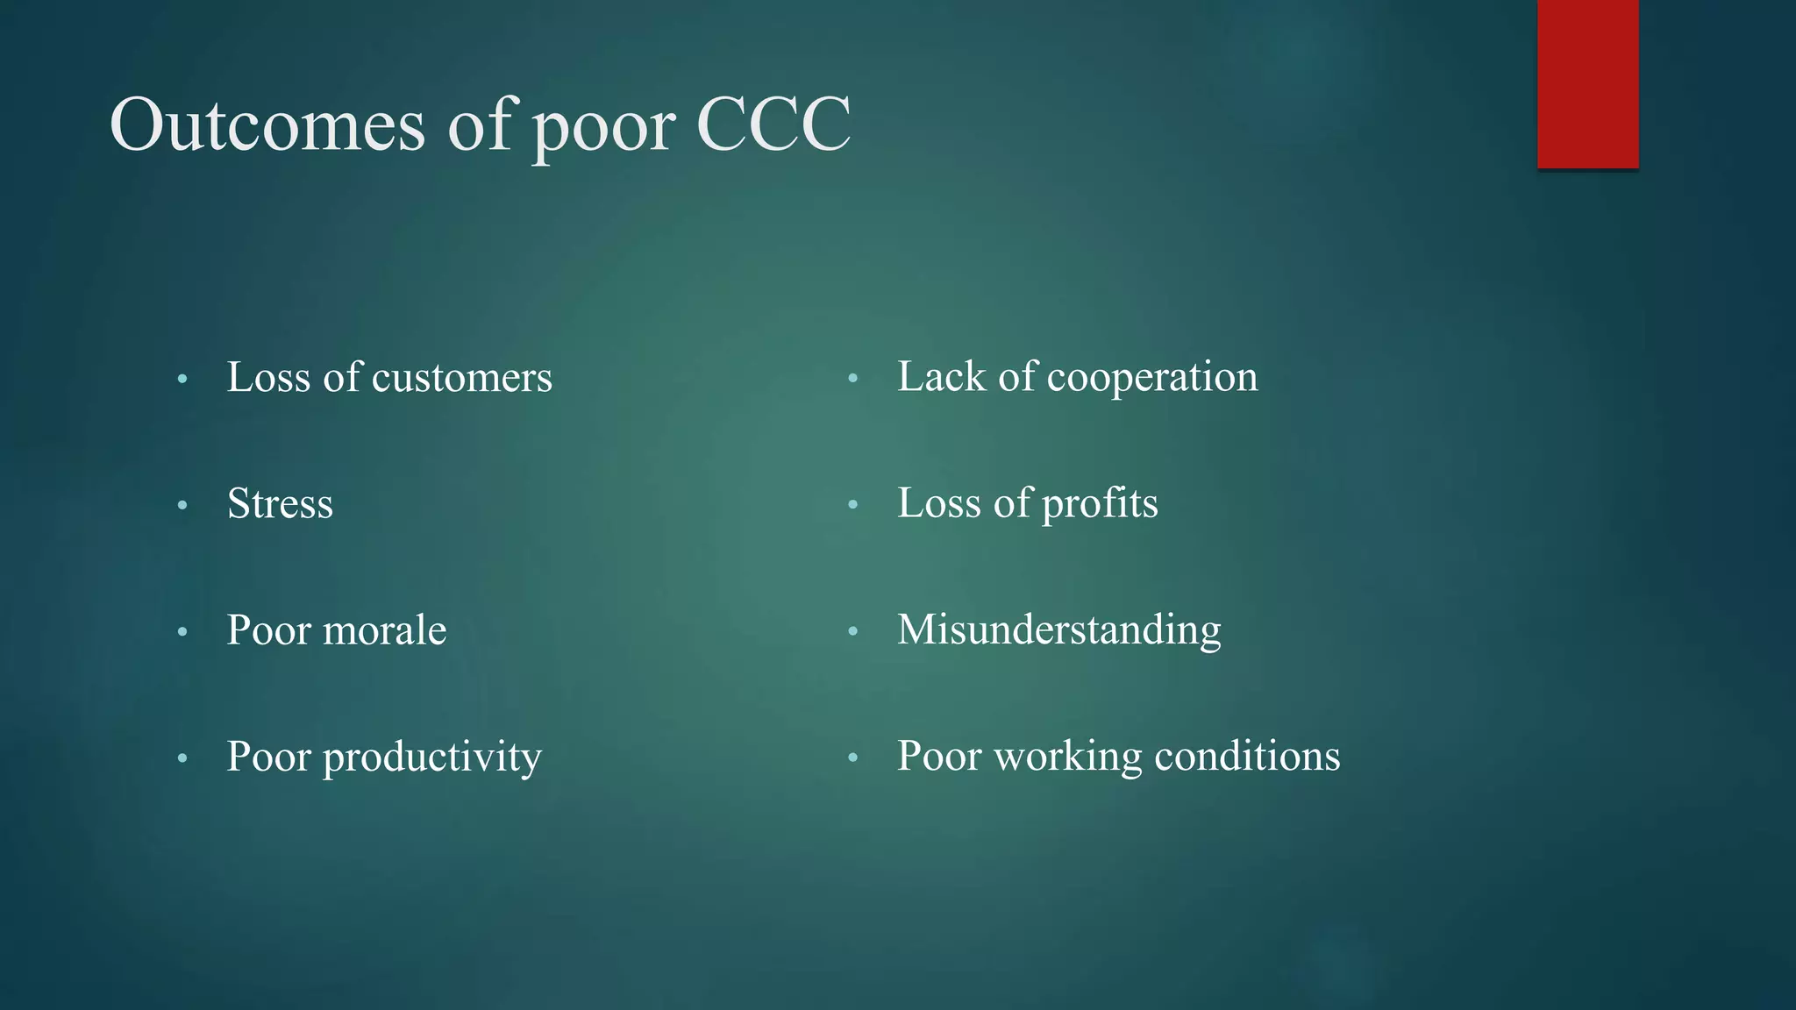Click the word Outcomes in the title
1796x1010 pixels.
click(x=267, y=124)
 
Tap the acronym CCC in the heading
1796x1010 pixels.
click(x=773, y=124)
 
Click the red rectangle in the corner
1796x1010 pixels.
click(x=1587, y=84)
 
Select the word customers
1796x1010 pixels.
click(x=461, y=378)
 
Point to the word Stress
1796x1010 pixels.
click(x=280, y=504)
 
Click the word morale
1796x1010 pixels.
click(x=385, y=630)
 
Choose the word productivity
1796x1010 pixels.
click(x=431, y=757)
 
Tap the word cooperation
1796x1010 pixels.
click(x=1152, y=378)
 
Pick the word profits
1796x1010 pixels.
click(x=1100, y=504)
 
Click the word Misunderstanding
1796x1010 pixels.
click(x=1058, y=630)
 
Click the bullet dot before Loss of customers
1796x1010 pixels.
click(x=182, y=380)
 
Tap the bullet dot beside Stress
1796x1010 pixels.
click(x=182, y=506)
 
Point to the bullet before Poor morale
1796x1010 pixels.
click(x=182, y=632)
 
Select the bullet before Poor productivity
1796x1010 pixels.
click(x=182, y=758)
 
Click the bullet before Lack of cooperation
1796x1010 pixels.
click(x=852, y=380)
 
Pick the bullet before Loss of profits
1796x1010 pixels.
click(x=852, y=506)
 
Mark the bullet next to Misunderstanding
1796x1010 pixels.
click(x=852, y=632)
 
